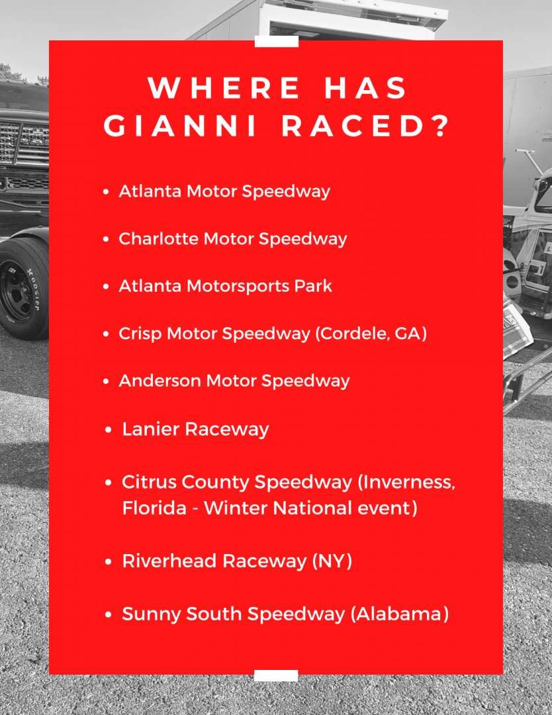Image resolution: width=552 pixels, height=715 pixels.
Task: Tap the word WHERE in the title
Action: pos(224,87)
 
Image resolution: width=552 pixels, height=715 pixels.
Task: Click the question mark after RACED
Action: pos(441,126)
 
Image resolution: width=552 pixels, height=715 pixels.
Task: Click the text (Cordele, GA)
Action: pos(371,334)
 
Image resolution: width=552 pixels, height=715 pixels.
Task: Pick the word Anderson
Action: pos(160,381)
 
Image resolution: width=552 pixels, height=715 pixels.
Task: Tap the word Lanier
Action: pos(151,429)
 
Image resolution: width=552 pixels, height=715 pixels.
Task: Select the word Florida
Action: pos(154,508)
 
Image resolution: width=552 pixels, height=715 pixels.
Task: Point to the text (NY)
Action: pos(332,561)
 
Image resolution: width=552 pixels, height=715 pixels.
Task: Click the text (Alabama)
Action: pos(400,614)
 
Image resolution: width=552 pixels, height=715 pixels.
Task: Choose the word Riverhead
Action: pos(169,561)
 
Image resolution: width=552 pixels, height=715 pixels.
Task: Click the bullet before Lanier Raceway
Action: pos(109,430)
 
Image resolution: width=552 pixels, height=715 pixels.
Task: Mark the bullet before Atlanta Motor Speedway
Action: pos(106,192)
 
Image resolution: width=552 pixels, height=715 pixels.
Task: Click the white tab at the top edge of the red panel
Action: pos(277,42)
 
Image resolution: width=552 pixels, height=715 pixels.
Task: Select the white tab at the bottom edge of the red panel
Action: pos(276,675)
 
